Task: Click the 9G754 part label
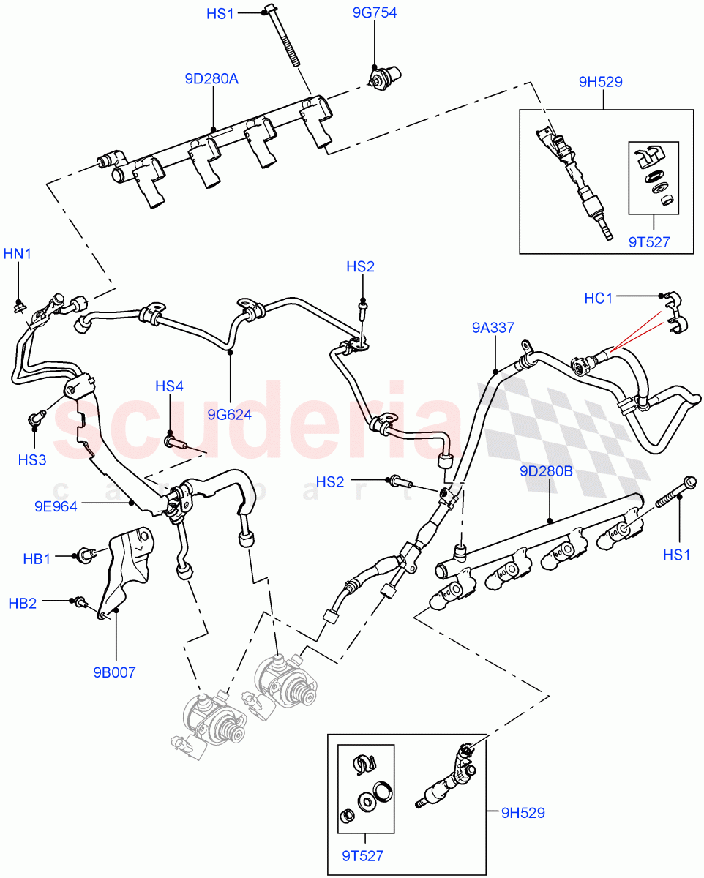coord(374,13)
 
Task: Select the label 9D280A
coord(211,79)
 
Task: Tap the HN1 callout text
coord(18,254)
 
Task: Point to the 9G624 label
coord(229,415)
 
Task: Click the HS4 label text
coord(169,386)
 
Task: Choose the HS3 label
coord(32,459)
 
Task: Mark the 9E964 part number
coord(56,505)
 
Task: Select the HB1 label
coord(37,559)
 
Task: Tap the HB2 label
coord(23,604)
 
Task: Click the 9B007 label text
coord(114,672)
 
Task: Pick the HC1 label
coord(599,298)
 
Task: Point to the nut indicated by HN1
coord(20,304)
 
